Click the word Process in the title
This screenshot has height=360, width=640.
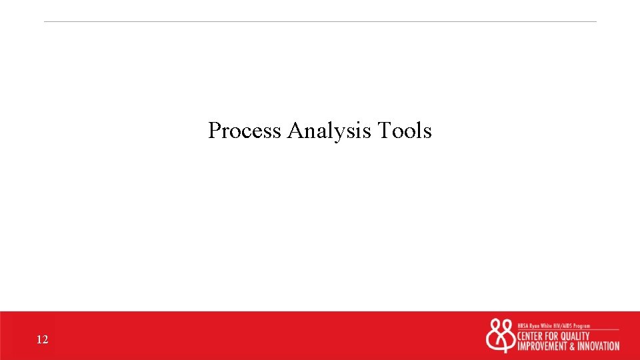(245, 131)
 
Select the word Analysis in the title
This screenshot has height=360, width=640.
(330, 131)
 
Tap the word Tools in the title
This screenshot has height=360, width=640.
(405, 131)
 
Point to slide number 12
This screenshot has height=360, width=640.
(43, 340)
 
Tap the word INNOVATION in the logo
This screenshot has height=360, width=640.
(597, 347)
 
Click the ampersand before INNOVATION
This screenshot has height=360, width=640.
(571, 347)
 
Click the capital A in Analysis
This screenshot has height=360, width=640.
(295, 131)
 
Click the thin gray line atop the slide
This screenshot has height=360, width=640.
(320, 21)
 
